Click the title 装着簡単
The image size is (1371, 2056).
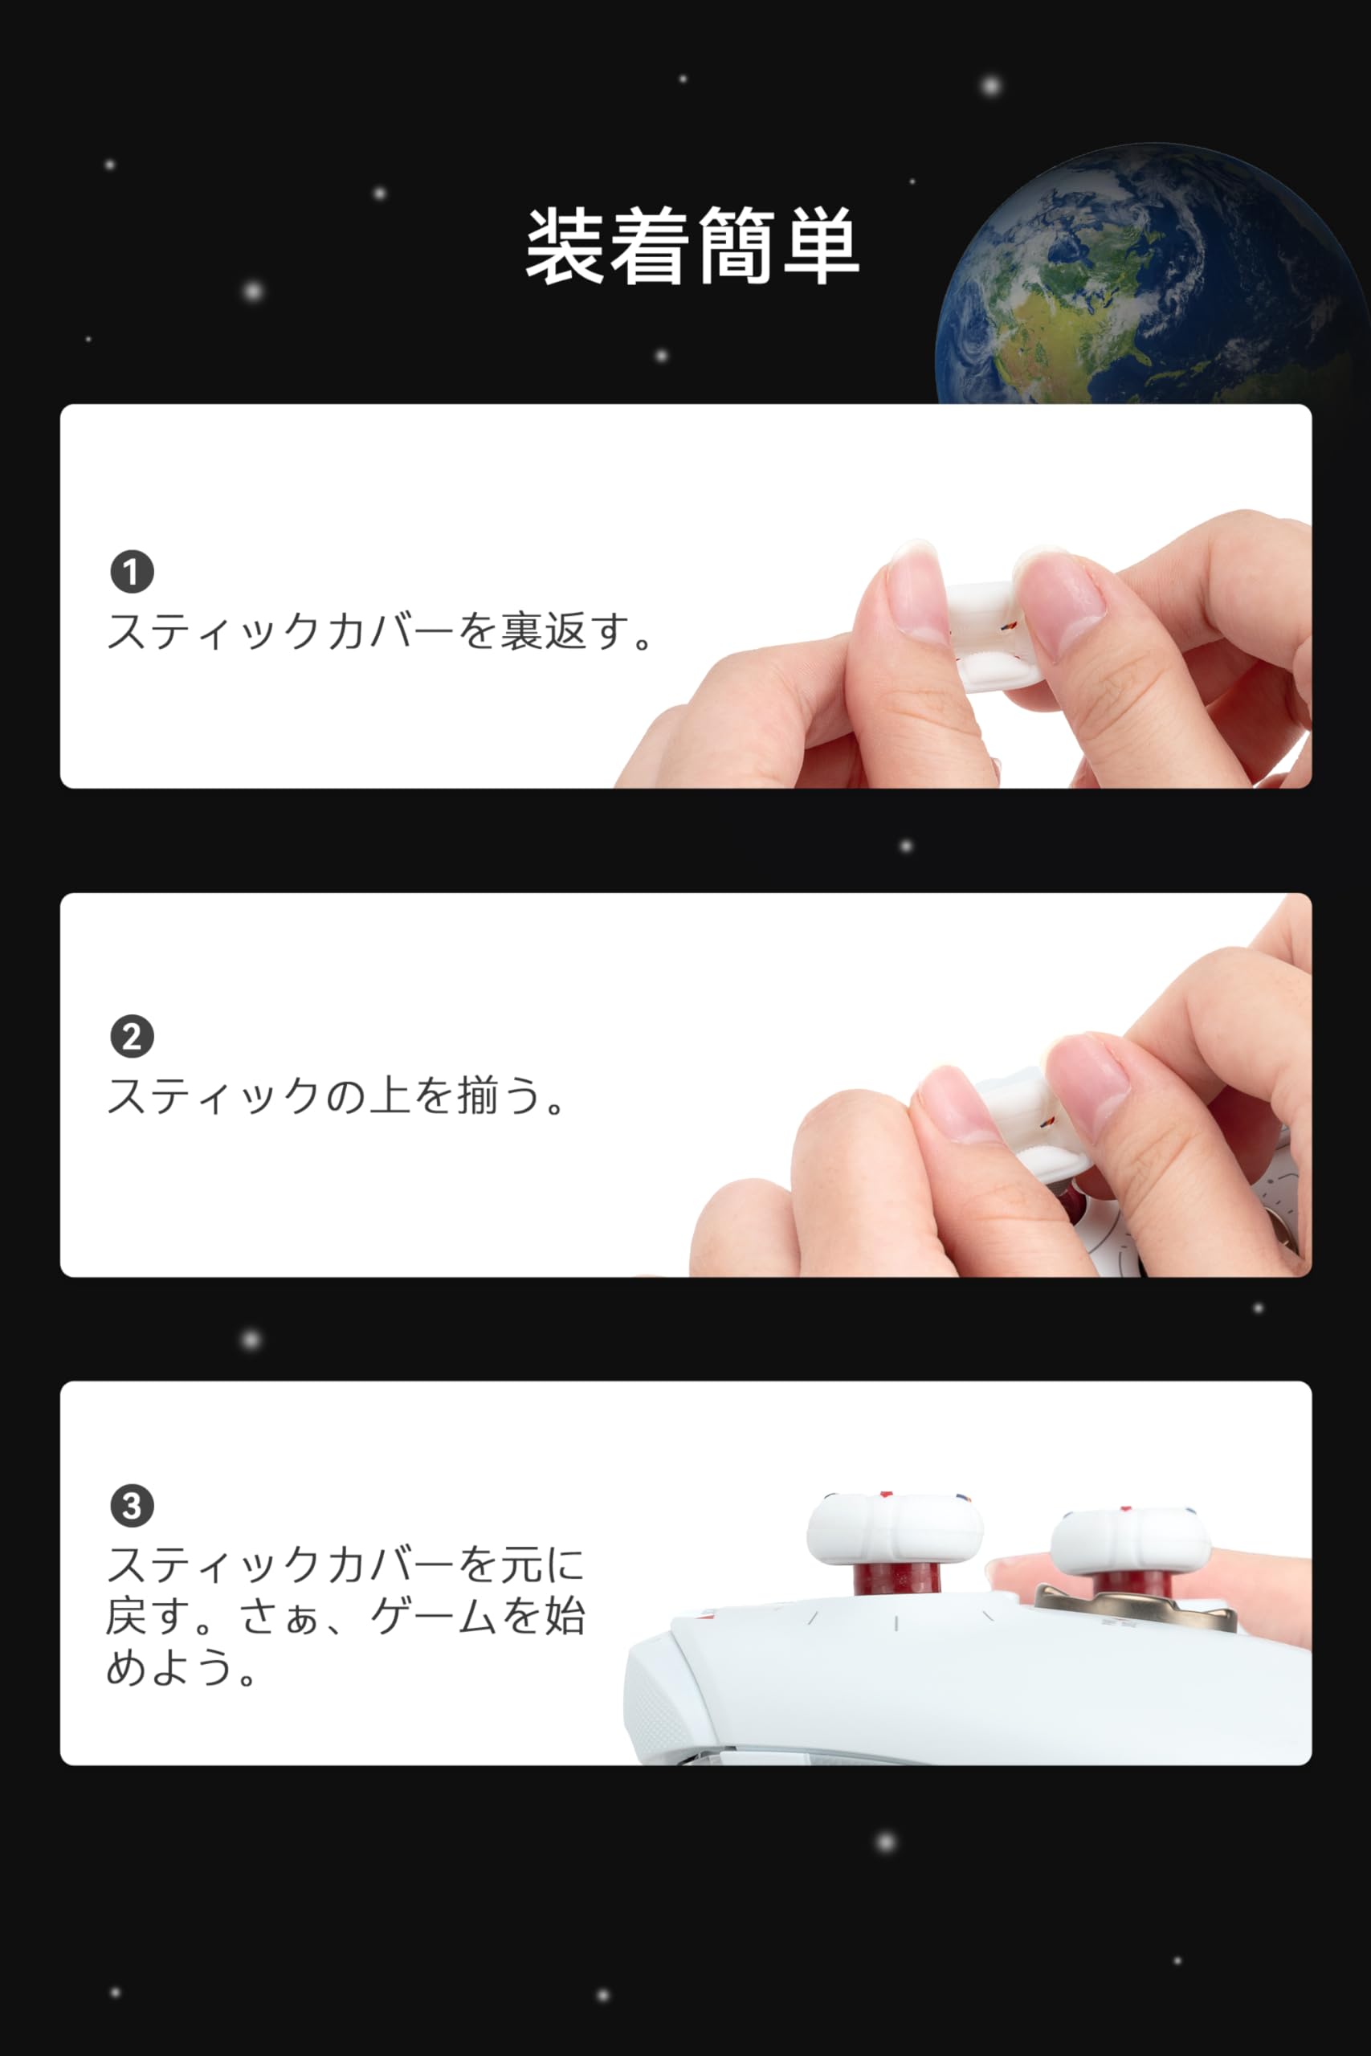692,246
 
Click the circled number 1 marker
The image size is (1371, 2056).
132,572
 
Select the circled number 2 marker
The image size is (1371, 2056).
132,1037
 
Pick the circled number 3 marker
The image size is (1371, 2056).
132,1506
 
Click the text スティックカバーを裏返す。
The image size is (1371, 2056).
382,630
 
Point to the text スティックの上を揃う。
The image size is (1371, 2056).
337,1095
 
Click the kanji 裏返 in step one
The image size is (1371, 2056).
542,630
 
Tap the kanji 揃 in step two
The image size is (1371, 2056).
476,1095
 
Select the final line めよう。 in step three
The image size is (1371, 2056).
183,1668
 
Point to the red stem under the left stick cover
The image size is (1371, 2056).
896,1581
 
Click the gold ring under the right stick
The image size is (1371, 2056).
1135,1607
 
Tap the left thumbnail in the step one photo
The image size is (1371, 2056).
914,594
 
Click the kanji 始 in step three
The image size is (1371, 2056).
564,1617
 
